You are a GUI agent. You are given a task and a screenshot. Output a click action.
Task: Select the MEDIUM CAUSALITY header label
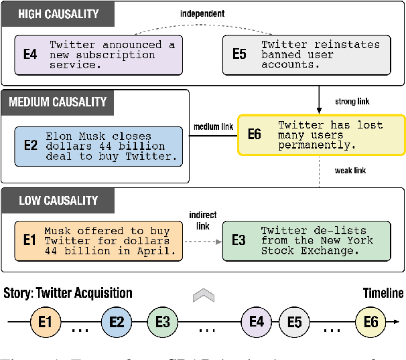(x=58, y=102)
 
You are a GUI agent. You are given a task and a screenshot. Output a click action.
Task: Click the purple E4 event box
(x=99, y=54)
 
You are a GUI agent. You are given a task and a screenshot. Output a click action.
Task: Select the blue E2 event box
(x=99, y=146)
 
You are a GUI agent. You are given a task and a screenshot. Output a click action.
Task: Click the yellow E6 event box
(x=322, y=134)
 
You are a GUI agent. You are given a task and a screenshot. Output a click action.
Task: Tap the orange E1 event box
(x=99, y=241)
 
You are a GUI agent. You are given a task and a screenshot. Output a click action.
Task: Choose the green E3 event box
(x=306, y=241)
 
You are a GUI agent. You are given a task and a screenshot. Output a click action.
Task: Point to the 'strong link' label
(x=352, y=102)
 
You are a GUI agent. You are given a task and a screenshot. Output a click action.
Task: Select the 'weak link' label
(x=350, y=170)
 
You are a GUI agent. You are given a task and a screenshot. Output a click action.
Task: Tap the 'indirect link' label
(x=203, y=221)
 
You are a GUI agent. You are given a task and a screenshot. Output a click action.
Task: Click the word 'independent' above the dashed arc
(x=203, y=13)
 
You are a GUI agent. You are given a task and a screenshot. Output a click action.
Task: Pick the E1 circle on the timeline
(x=45, y=322)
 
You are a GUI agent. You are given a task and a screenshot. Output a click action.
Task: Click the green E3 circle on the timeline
(x=162, y=322)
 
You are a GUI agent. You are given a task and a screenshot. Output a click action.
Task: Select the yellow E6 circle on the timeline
(x=370, y=322)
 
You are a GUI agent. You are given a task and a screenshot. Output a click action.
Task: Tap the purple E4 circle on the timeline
(x=256, y=322)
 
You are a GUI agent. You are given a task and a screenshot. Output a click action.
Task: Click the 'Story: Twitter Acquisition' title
(x=68, y=292)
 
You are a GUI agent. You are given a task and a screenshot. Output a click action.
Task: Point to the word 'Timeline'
(x=383, y=292)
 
